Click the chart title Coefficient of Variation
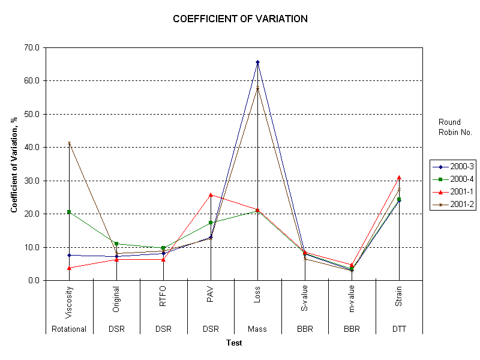(x=240, y=19)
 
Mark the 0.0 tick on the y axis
(x=34, y=280)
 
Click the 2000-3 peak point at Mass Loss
(x=257, y=62)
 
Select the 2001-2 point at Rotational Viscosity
(x=69, y=143)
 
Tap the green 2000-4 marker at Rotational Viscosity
(x=69, y=212)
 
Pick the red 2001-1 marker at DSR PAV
(x=211, y=194)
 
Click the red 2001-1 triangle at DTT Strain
(x=399, y=177)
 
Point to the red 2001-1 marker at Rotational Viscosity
(x=69, y=268)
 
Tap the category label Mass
(x=257, y=329)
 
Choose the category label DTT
(x=399, y=329)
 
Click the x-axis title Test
(x=234, y=343)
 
